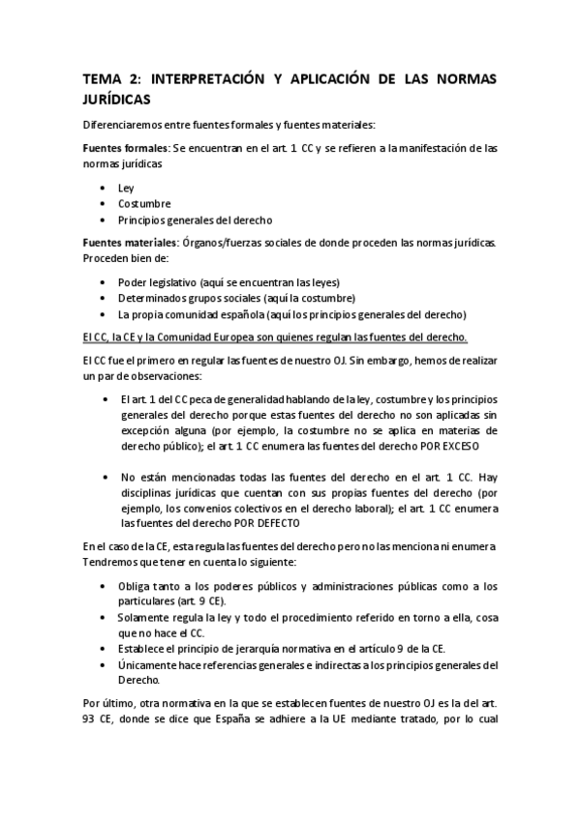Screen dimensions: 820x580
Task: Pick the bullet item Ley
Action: tap(126, 188)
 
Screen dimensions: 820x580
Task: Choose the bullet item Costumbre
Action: tap(144, 204)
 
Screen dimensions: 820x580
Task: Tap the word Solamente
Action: tap(145, 616)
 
